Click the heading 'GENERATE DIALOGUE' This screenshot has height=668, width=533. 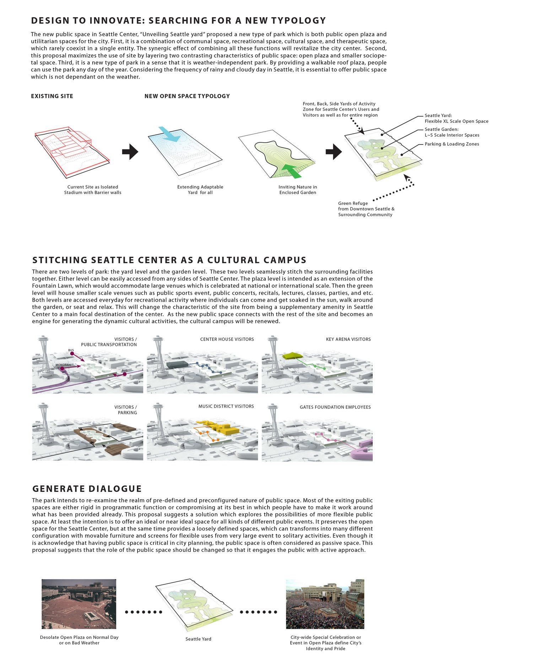click(87, 489)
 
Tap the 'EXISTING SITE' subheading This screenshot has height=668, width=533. click(52, 96)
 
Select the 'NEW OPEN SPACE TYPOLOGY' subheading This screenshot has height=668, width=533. click(187, 96)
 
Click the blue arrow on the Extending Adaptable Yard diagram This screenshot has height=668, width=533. click(169, 134)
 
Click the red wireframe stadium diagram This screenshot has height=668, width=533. click(71, 149)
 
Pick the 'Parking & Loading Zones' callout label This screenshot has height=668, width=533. click(452, 144)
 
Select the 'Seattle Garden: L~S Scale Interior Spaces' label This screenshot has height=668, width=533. click(452, 132)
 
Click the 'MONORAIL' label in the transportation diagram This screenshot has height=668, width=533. click(63, 365)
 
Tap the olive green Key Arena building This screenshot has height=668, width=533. click(292, 355)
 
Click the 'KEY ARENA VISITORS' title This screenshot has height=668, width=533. click(348, 339)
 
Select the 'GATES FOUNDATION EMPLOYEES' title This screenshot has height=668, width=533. click(335, 407)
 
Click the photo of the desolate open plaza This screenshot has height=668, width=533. click(79, 604)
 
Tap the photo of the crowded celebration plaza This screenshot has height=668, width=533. click(325, 604)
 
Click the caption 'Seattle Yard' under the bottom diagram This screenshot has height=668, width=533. click(198, 639)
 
